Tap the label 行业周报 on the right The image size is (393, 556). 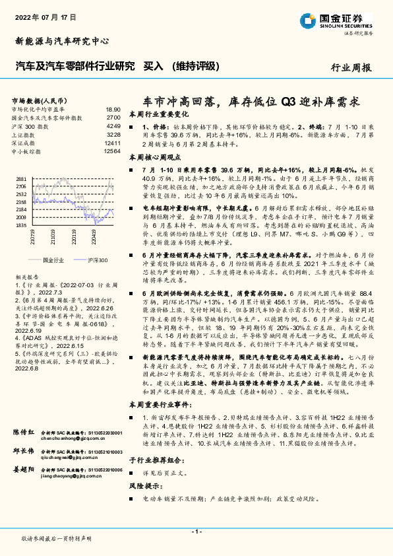pos(350,67)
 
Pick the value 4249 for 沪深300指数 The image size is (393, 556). pos(113,125)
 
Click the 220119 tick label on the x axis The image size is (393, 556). pos(74,236)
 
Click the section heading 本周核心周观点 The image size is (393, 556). pos(155,158)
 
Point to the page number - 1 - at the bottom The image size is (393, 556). pos(196,532)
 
